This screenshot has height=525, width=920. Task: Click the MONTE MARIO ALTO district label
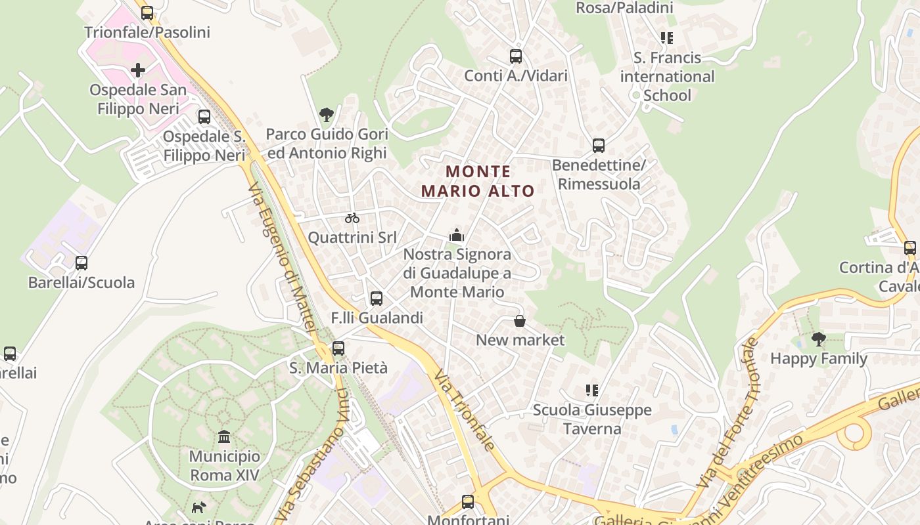pyautogui.click(x=478, y=181)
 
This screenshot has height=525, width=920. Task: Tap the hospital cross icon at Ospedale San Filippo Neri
pyautogui.click(x=138, y=70)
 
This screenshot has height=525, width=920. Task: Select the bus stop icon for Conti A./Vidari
pyautogui.click(x=516, y=56)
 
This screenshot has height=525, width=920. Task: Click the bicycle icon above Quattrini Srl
pyautogui.click(x=352, y=218)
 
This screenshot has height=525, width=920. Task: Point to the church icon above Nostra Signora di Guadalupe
pyautogui.click(x=457, y=235)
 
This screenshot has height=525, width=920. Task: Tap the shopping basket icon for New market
pyautogui.click(x=520, y=321)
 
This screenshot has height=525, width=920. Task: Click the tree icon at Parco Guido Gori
pyautogui.click(x=327, y=115)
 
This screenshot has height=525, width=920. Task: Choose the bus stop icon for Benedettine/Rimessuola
pyautogui.click(x=598, y=146)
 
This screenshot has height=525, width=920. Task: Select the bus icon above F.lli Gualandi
pyautogui.click(x=377, y=299)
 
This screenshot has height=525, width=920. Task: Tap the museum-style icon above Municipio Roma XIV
pyautogui.click(x=224, y=436)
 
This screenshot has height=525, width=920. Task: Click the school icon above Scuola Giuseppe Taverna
pyautogui.click(x=592, y=391)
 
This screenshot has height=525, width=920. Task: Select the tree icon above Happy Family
pyautogui.click(x=819, y=339)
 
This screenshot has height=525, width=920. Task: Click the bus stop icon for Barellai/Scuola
pyautogui.click(x=81, y=263)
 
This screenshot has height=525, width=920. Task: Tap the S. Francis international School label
pyautogui.click(x=667, y=77)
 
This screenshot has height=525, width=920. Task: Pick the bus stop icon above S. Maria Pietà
pyautogui.click(x=338, y=348)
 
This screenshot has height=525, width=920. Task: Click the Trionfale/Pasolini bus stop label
pyautogui.click(x=147, y=32)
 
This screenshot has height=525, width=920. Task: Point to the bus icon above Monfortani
pyautogui.click(x=468, y=502)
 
